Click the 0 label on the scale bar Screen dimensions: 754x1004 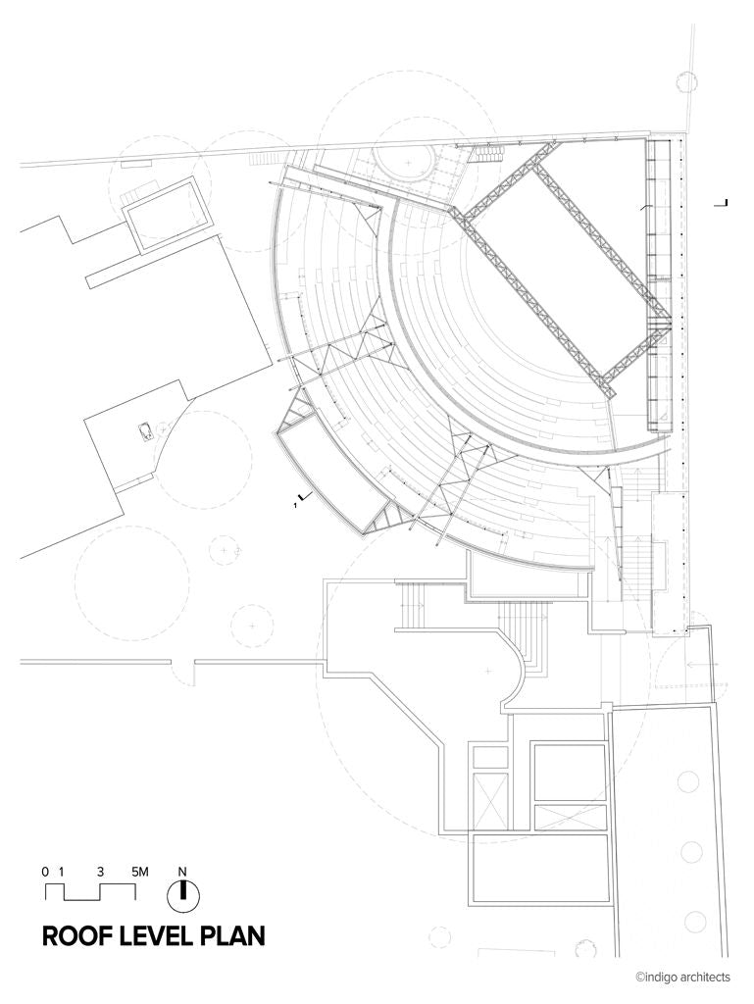click(x=45, y=872)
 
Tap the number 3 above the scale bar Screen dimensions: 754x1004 click(x=100, y=872)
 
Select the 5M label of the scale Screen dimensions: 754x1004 click(x=139, y=872)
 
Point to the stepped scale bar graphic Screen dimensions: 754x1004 click(x=90, y=892)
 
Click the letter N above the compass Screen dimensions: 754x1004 click(x=182, y=872)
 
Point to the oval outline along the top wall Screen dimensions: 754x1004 click(x=403, y=162)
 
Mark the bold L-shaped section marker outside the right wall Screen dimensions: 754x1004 click(x=723, y=203)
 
